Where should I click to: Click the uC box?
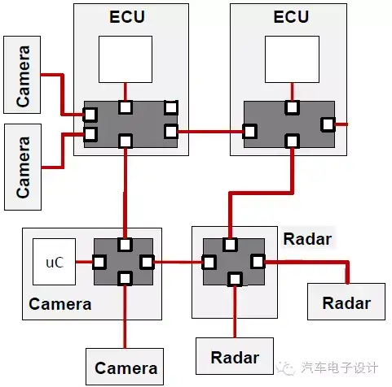point(54,262)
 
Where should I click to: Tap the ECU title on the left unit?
point(127,17)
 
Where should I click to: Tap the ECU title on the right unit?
point(291,17)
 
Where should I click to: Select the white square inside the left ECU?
point(126,59)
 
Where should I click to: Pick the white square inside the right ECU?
point(292,59)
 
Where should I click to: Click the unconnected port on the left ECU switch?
point(171,107)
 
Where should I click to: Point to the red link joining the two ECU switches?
point(210,132)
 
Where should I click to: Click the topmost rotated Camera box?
point(22,75)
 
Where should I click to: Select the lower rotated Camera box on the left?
point(23,167)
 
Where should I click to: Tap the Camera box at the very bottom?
point(125,367)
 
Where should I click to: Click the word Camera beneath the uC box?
point(60,304)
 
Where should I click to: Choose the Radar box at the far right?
point(346,302)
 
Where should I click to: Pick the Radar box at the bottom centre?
point(235,356)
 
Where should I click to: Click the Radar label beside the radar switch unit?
point(307,239)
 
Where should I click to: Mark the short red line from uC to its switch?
point(84,262)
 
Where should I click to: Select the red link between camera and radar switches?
point(178,262)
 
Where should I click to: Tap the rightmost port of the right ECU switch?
point(328,124)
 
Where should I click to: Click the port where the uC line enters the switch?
point(99,262)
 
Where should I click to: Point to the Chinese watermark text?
point(340,367)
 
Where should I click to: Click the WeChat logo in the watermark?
point(285,367)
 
